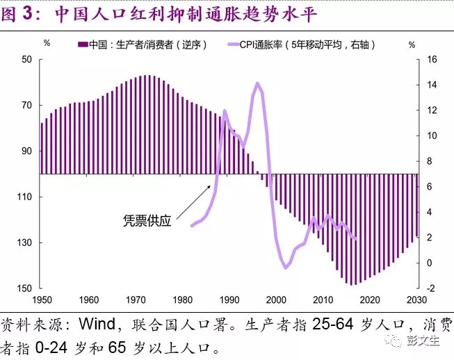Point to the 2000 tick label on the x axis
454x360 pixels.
(276, 300)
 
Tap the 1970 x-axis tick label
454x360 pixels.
(135, 300)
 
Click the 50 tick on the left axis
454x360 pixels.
(27, 60)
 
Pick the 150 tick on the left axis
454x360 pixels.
(25, 288)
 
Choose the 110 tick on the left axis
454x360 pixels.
(25, 197)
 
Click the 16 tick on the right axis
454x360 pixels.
(431, 60)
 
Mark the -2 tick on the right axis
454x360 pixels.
(430, 288)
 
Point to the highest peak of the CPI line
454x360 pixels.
(257, 83)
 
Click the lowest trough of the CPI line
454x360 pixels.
(286, 268)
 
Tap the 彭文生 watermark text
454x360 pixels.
(426, 341)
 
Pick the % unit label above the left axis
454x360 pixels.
(47, 44)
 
